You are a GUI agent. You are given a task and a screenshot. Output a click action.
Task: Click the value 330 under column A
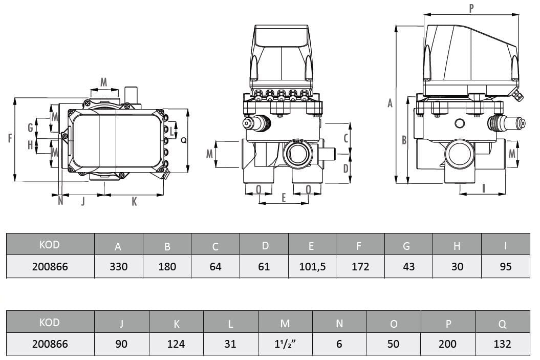pos(118,267)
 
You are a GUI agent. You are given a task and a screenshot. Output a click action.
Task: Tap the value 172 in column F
pos(359,267)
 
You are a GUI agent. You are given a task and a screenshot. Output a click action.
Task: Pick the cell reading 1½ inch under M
pos(285,344)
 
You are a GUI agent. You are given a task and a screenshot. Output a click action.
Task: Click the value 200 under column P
pos(447,344)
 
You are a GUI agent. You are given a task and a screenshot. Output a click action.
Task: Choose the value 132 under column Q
pos(502,344)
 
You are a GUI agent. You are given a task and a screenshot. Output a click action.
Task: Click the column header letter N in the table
pos(339,323)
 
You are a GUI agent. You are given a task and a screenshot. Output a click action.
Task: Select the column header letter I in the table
pos(505,245)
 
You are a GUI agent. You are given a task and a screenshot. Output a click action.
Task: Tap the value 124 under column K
pos(176,344)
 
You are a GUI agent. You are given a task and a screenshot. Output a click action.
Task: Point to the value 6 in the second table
pos(339,344)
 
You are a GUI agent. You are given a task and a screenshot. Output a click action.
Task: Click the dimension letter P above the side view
pos(471,8)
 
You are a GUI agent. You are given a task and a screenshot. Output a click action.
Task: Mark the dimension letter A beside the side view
pos(390,103)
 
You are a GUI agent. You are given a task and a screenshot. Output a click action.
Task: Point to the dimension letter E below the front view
pos(284,198)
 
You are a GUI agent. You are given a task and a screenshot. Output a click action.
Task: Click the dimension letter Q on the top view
pos(184,140)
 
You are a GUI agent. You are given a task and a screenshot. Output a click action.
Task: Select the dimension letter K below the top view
pos(134,202)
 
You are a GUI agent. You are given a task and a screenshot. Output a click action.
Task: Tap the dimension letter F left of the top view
pos(10,138)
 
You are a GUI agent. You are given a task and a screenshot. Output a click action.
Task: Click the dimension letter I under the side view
pos(483,188)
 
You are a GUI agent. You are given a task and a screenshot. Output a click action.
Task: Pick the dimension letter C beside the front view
pos(346,138)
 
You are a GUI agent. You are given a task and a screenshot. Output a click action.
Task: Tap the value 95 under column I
pos(505,267)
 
